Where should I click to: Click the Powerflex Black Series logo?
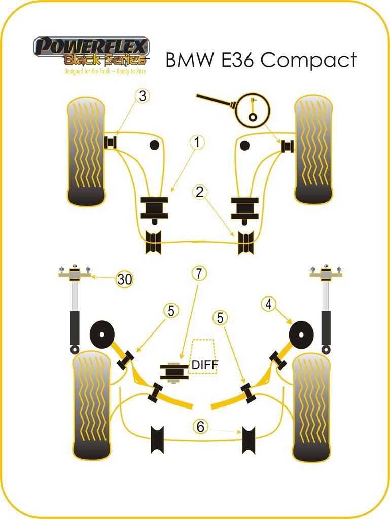(91, 53)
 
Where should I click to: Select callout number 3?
(144, 96)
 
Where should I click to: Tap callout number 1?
(197, 143)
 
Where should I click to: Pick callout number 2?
(200, 192)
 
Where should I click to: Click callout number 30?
(124, 279)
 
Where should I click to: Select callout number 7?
(199, 274)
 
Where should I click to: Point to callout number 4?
(269, 304)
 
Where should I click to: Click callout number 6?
(201, 427)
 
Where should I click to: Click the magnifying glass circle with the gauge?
(253, 109)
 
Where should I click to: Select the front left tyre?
(86, 151)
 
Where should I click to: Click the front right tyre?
(313, 150)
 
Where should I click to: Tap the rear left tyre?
(91, 405)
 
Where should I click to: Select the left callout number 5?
(171, 311)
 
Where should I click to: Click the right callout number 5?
(220, 318)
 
